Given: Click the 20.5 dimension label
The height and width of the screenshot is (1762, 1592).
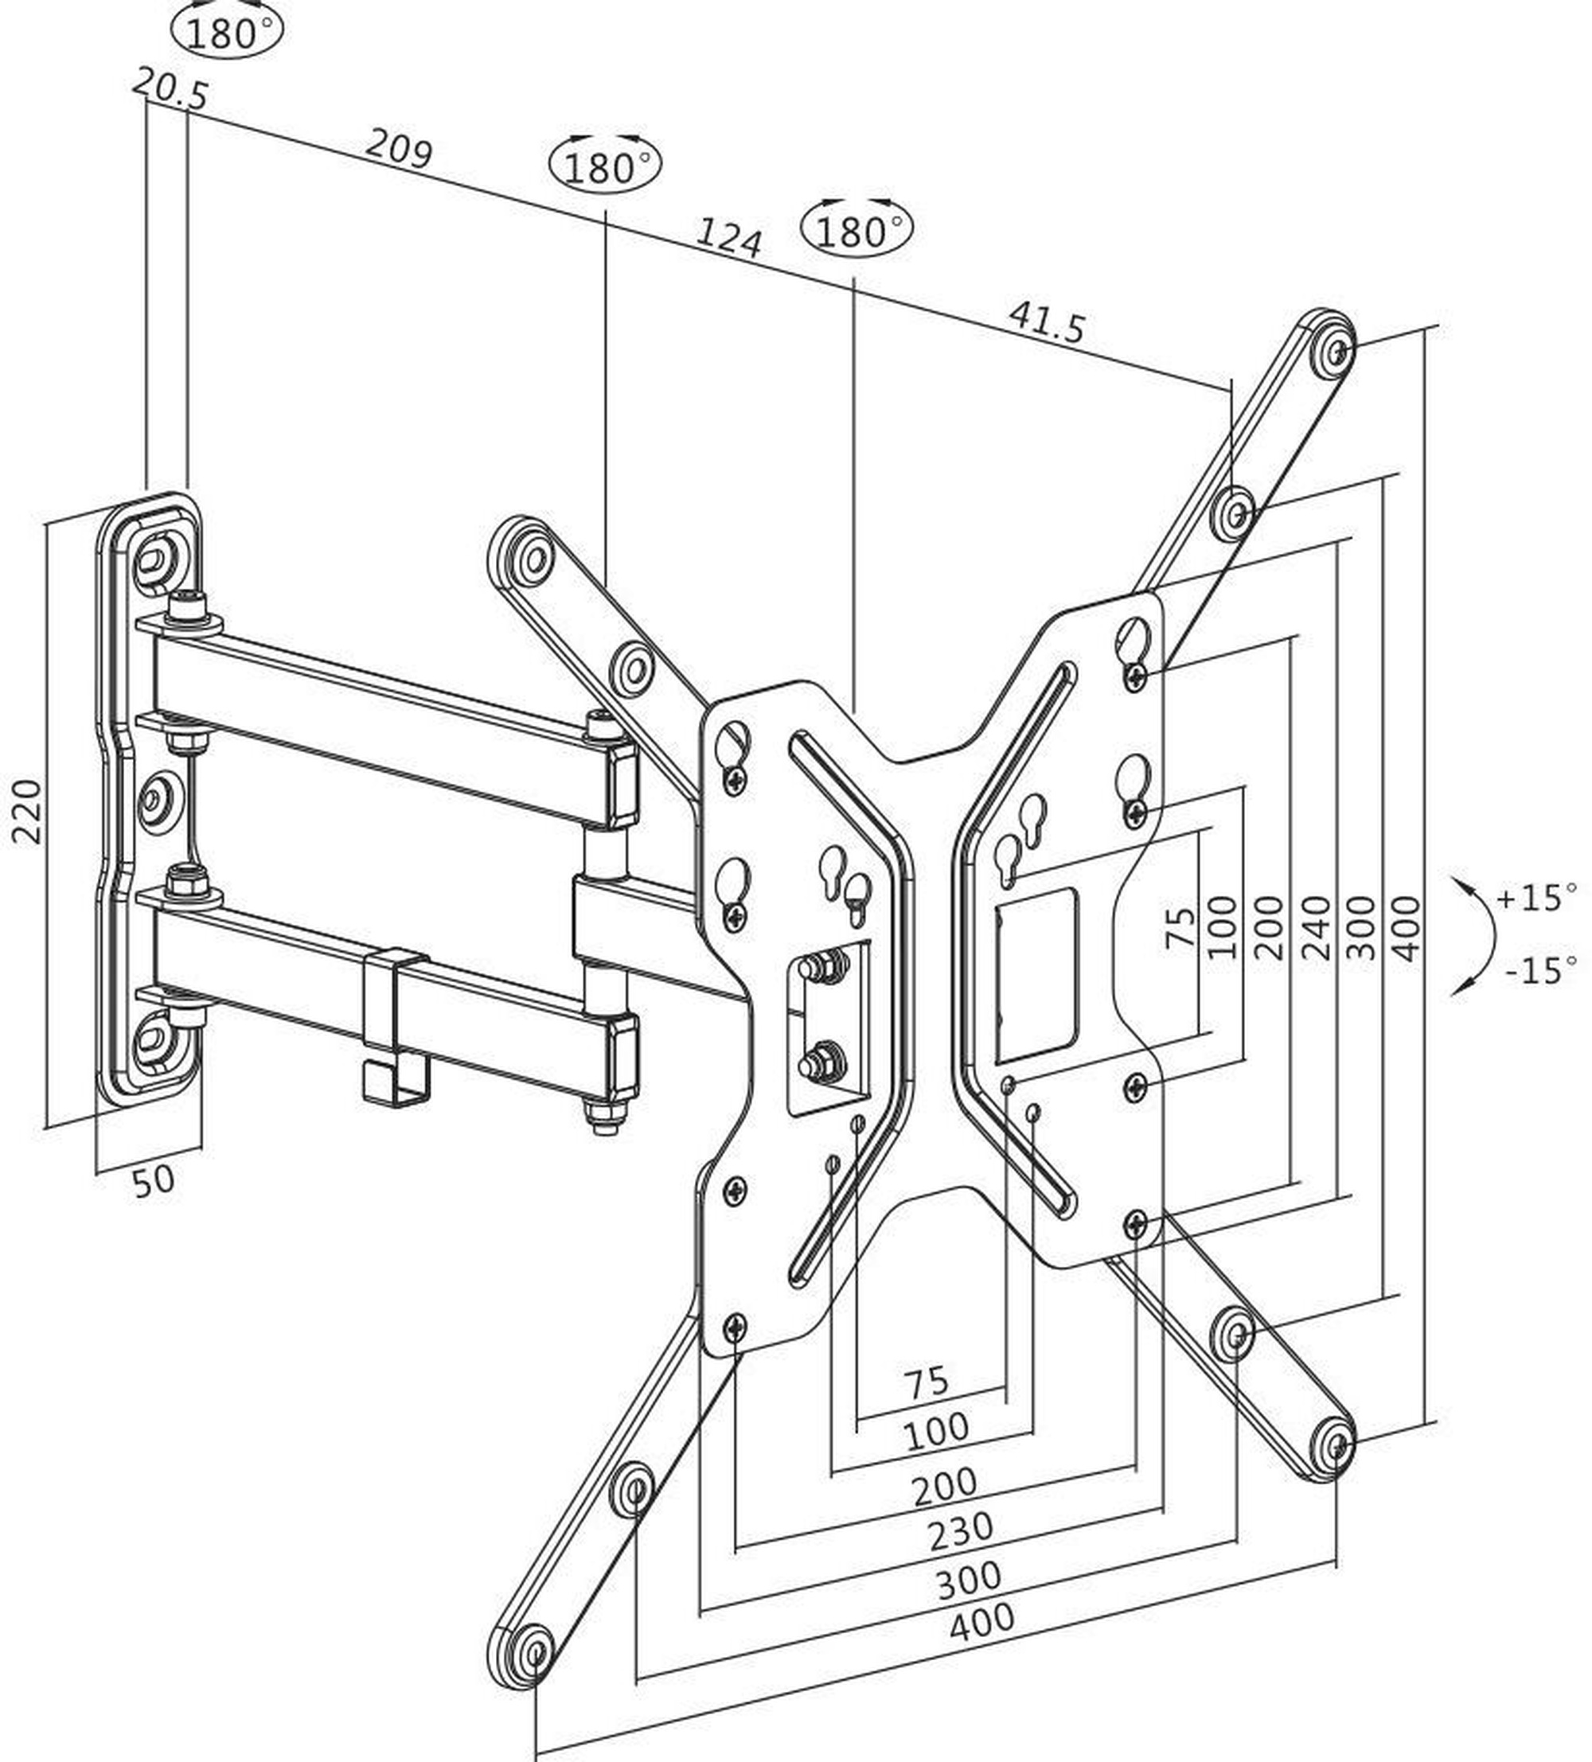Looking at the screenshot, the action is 171,88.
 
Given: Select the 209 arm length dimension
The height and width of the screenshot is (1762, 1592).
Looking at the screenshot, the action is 398,148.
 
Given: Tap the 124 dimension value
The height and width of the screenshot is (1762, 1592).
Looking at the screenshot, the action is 728,238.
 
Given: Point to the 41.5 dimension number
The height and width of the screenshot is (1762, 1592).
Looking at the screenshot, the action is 1047,322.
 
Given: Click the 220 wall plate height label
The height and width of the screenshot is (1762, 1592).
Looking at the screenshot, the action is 27,811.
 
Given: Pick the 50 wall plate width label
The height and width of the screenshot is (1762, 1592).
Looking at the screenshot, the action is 154,1181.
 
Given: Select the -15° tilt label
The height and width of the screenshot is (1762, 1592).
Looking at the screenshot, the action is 1540,970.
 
